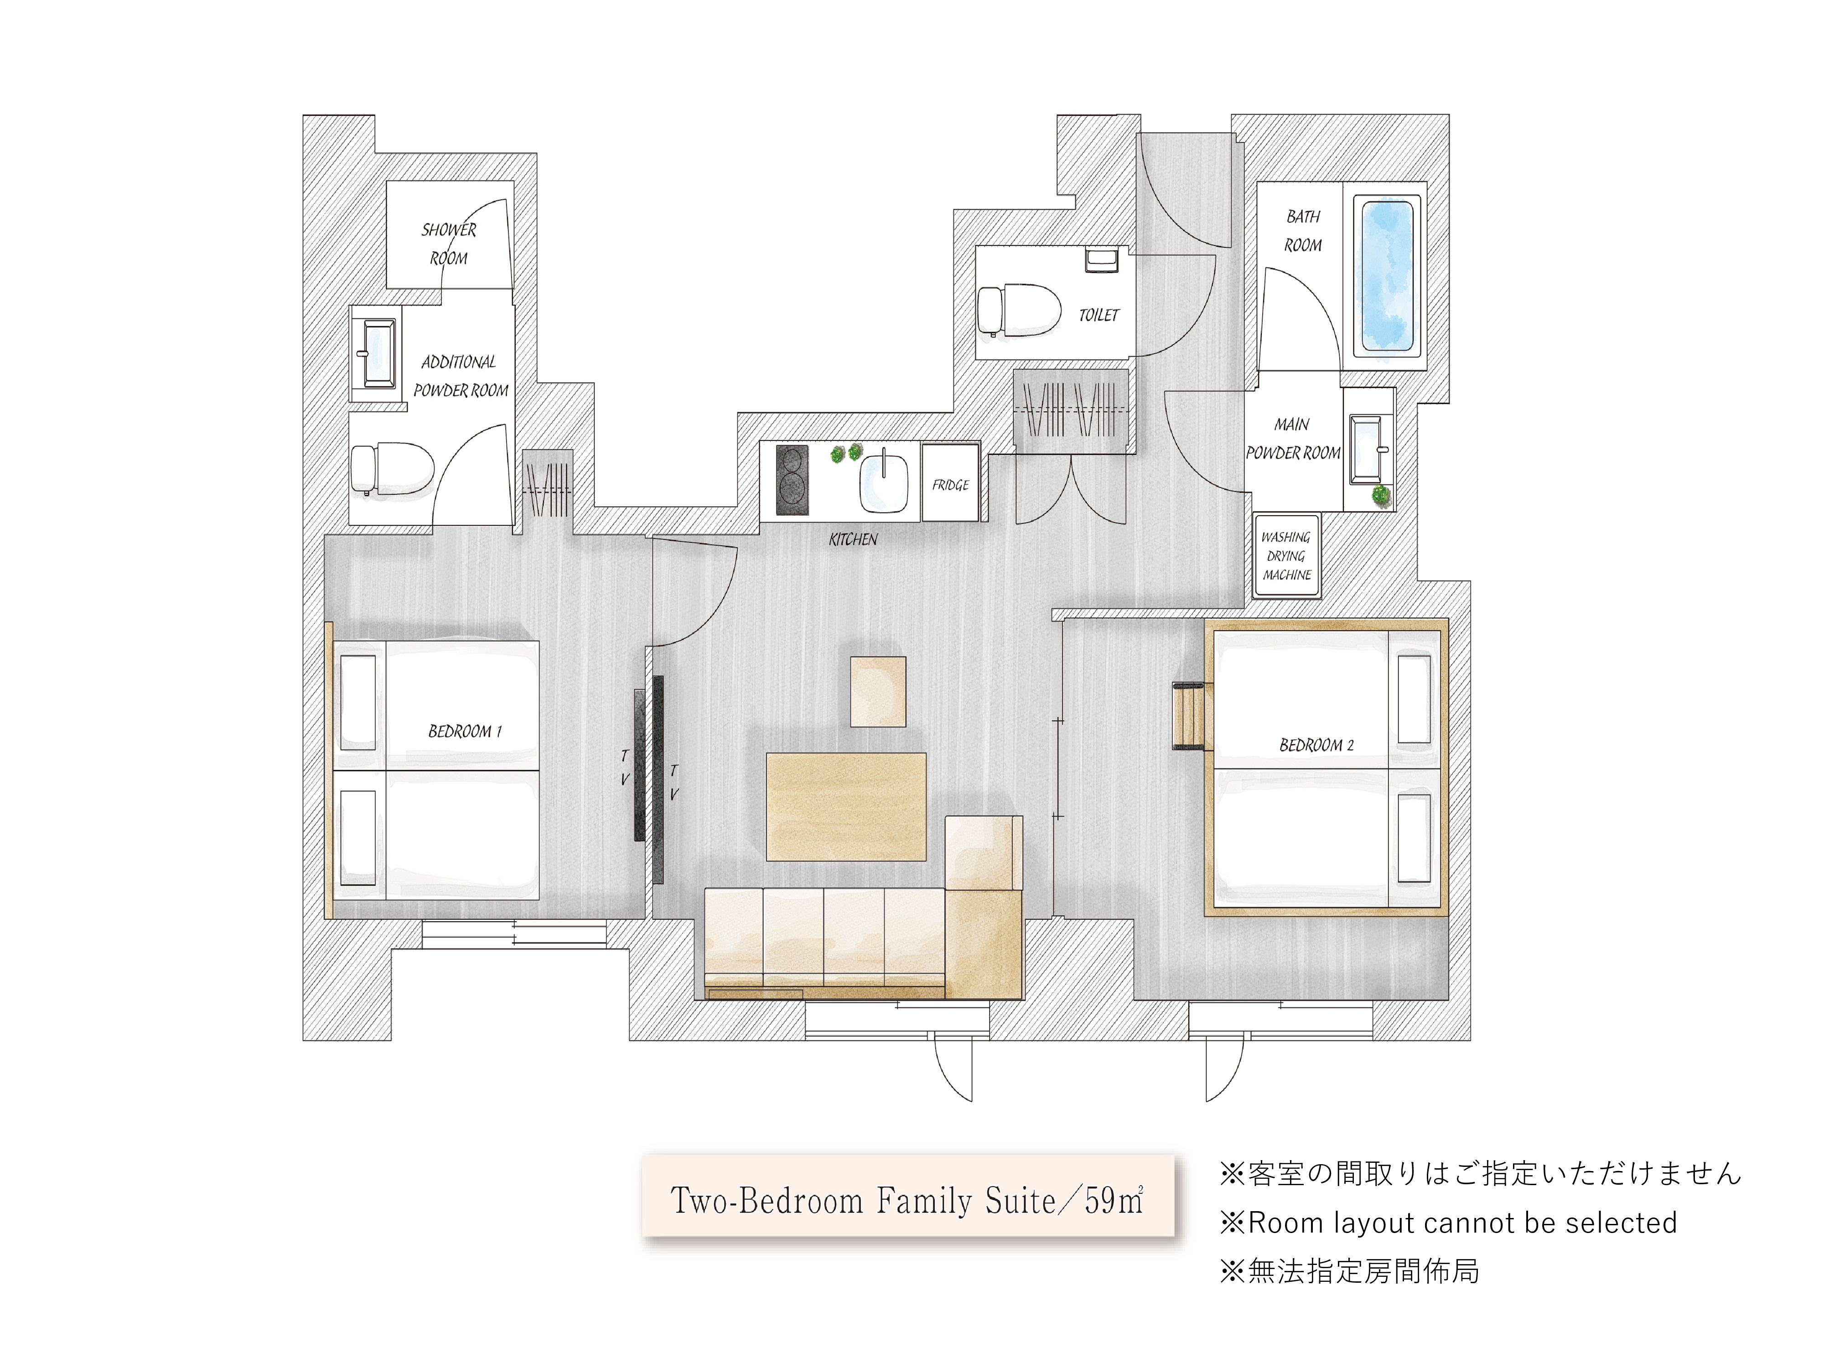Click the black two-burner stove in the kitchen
click(x=792, y=479)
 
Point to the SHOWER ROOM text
click(x=449, y=243)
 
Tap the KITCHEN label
click(x=853, y=539)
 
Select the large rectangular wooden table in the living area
click(x=845, y=806)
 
